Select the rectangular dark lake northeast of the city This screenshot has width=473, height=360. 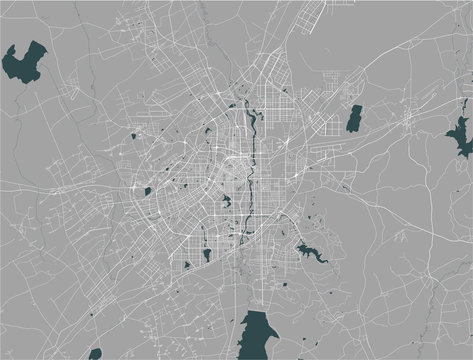pyautogui.click(x=353, y=118)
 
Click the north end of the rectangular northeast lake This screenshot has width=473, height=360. pyautogui.click(x=355, y=106)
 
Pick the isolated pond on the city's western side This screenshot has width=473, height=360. pyautogui.click(x=146, y=189)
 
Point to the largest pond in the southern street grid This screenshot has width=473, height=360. pyautogui.click(x=207, y=254)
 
